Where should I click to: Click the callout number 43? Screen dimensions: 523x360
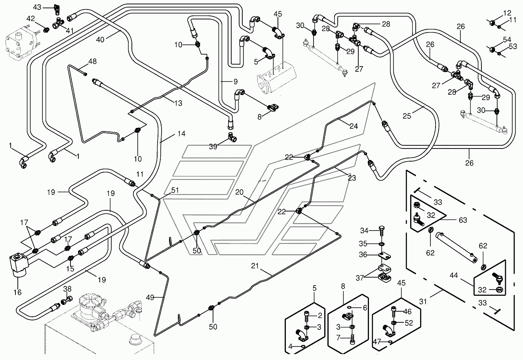tap(37, 7)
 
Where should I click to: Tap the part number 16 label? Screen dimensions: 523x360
tap(17, 292)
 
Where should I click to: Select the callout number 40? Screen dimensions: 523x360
tap(100, 40)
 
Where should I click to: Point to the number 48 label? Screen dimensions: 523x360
tap(93, 61)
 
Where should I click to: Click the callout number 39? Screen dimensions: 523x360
tap(213, 147)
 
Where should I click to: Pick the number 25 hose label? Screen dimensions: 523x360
tap(407, 116)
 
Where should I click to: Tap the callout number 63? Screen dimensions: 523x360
tap(463, 220)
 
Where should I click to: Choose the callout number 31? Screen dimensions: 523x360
tap(423, 302)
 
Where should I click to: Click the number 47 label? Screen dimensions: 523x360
tap(377, 341)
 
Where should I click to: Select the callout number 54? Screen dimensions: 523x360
tap(507, 40)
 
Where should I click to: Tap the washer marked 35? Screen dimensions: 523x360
tap(382, 244)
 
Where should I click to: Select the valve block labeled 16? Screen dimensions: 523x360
tap(19, 264)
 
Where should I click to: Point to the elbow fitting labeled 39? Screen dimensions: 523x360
tap(232, 137)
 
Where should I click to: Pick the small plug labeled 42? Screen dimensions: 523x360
tap(47, 30)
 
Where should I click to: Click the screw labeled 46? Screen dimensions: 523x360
tap(394, 311)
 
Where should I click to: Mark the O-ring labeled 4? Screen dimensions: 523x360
tap(303, 346)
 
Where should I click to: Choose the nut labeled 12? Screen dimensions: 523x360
tap(493, 23)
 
